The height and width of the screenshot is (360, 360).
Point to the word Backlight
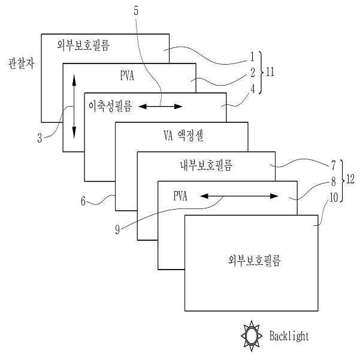[289, 336]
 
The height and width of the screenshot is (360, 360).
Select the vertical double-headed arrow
[74, 105]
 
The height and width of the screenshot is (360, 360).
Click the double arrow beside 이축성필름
[161, 107]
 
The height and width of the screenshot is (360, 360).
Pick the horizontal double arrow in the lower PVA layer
[240, 196]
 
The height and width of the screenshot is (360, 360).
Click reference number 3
[40, 140]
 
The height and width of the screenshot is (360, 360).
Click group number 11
[270, 72]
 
